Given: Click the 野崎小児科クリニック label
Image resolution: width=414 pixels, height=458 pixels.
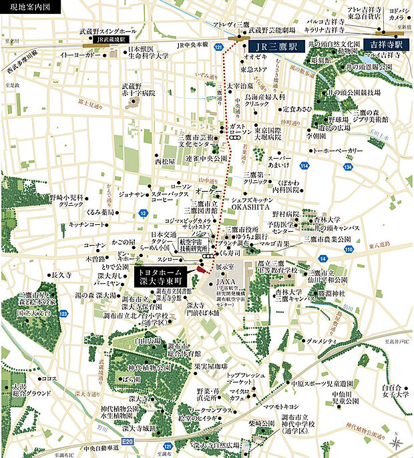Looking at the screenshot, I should [69, 202].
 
